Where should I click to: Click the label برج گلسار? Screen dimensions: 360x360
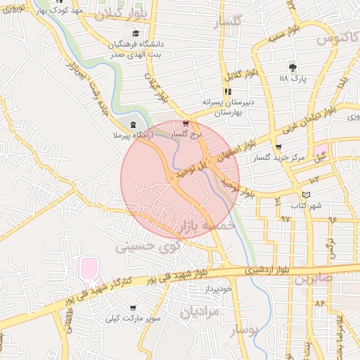[186, 132]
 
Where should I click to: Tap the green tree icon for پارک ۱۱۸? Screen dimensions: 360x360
[293, 67]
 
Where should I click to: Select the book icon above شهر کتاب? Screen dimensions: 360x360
[304, 195]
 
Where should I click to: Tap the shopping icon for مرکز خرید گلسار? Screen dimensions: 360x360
[279, 148]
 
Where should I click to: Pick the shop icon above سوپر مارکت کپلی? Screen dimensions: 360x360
[134, 308]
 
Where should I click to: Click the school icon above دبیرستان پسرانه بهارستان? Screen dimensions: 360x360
[227, 91]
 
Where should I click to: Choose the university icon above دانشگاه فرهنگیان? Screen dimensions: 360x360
[135, 33]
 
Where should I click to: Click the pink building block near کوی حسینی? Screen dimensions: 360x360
[88, 267]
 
